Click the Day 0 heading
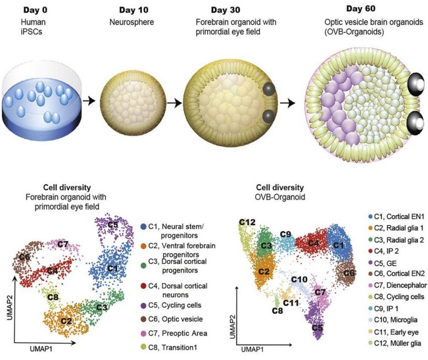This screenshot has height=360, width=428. [37, 9]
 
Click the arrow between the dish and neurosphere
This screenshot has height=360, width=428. [89, 102]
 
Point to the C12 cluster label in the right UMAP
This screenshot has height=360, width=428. [247, 222]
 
